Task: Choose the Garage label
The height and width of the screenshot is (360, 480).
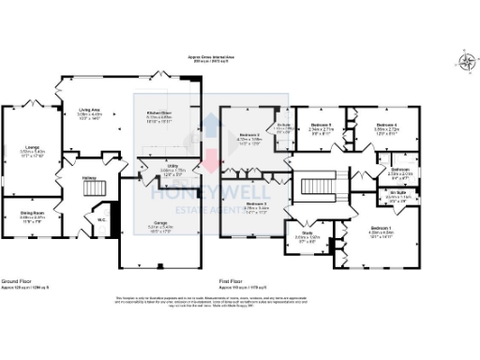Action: point(159,224)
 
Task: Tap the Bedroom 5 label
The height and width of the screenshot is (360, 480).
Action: point(322,128)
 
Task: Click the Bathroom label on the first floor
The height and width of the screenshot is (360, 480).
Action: point(399,171)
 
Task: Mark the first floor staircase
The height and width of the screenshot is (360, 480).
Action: point(310,187)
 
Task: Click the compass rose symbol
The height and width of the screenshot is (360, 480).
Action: point(466,63)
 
